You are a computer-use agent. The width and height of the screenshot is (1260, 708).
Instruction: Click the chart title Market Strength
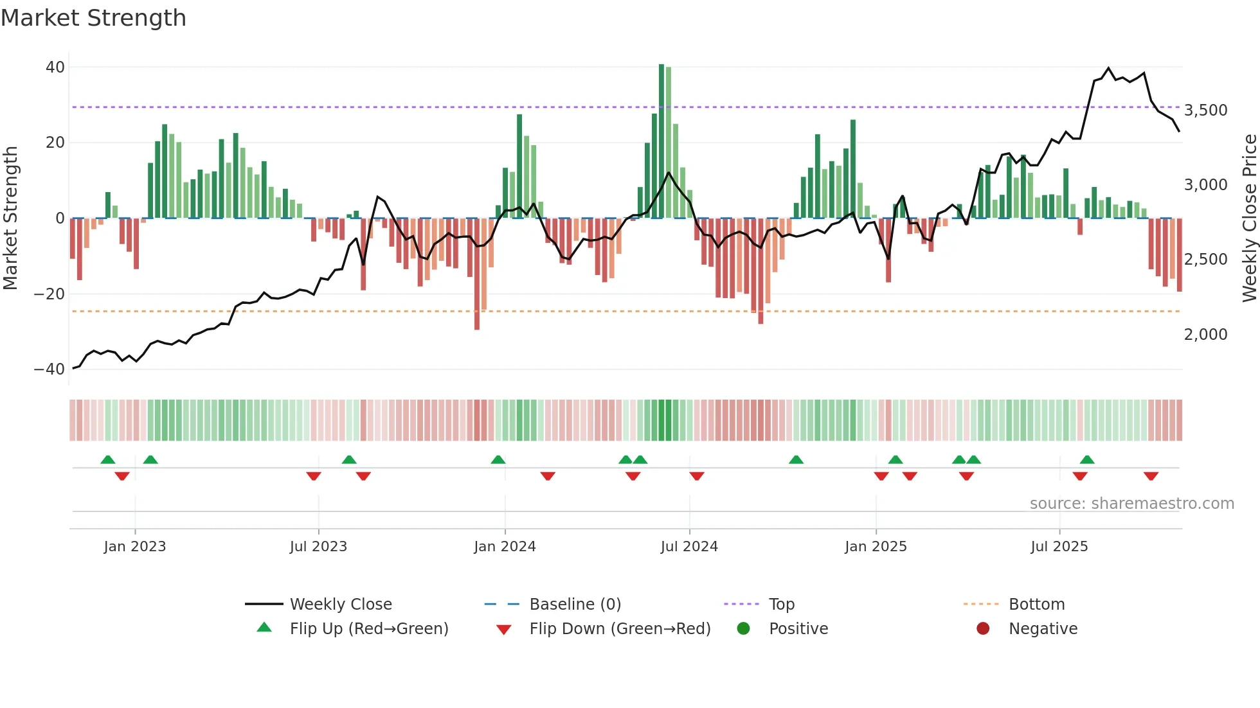[93, 18]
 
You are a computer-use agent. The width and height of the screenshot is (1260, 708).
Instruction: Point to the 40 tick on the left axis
[55, 67]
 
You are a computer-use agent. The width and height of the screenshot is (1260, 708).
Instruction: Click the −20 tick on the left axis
[49, 294]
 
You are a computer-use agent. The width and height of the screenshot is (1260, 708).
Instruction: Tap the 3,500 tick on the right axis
[1205, 111]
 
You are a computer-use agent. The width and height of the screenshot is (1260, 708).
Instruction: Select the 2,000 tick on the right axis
[1205, 335]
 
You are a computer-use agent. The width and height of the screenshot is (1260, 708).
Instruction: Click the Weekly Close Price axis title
[1249, 218]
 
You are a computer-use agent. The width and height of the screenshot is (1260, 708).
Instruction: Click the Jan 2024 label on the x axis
[505, 547]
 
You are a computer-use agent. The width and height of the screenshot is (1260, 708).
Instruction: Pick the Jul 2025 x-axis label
[1059, 547]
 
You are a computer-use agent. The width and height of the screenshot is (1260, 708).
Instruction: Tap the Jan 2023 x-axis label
[135, 547]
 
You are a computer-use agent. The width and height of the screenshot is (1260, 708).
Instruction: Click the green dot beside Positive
[744, 629]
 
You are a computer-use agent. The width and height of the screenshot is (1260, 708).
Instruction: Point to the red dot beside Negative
[983, 629]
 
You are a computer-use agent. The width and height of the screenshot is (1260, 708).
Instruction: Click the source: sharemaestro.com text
[1131, 504]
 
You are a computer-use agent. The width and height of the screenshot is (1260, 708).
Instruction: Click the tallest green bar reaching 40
[661, 141]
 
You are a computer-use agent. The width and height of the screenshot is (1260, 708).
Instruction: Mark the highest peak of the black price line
[1108, 68]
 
